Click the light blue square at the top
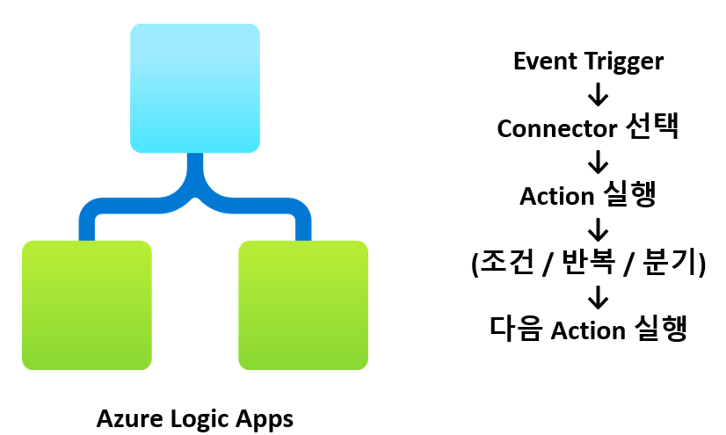(195, 88)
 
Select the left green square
(86, 304)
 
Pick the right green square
(303, 304)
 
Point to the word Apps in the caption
(265, 418)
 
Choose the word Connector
(556, 128)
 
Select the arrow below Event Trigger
(598, 94)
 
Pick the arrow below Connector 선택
(598, 162)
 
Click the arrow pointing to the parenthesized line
(598, 230)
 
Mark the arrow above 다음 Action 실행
(598, 297)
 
